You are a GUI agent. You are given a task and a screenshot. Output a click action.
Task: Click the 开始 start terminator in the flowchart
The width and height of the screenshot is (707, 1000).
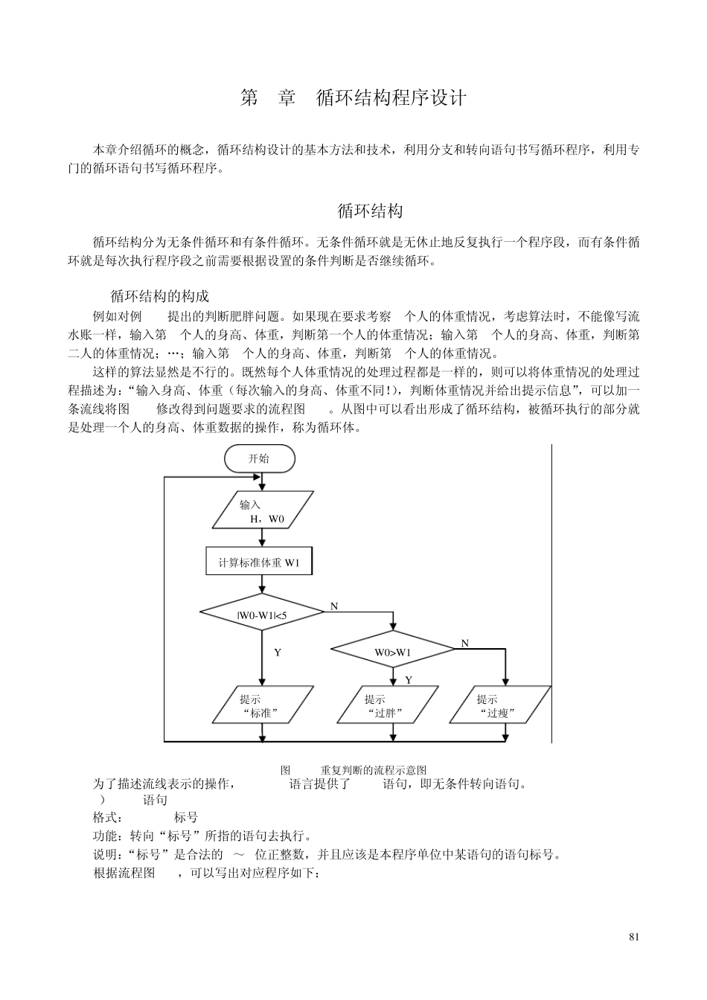click(259, 458)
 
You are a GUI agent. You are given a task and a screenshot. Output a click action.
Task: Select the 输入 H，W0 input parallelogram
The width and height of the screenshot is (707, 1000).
click(260, 512)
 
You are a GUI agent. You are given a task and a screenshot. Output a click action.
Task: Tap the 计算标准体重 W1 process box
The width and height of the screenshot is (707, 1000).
click(259, 562)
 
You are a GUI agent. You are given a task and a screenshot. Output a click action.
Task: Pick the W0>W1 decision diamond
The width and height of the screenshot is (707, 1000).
click(392, 652)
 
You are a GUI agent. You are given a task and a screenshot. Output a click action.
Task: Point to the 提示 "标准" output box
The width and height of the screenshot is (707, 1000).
click(260, 705)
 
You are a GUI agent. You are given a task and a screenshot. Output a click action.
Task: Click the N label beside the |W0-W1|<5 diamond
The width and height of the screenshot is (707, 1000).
click(334, 606)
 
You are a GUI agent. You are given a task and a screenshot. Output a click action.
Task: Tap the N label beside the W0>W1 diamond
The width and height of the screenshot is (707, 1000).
click(464, 643)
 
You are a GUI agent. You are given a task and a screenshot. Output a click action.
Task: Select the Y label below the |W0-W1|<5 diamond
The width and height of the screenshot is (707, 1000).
click(277, 653)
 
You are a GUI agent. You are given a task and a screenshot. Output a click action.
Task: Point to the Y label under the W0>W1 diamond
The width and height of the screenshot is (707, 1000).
click(408, 680)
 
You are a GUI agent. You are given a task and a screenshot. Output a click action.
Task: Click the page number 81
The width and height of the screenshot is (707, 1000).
click(633, 937)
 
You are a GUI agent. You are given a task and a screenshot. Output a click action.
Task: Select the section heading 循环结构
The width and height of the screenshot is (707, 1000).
click(370, 211)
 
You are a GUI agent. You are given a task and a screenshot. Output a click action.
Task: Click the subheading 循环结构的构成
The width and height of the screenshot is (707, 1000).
click(159, 297)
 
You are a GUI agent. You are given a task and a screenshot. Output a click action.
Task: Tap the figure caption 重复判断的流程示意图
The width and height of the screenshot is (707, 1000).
click(373, 769)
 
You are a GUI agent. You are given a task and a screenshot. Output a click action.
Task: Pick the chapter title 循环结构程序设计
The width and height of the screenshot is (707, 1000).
click(391, 98)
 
